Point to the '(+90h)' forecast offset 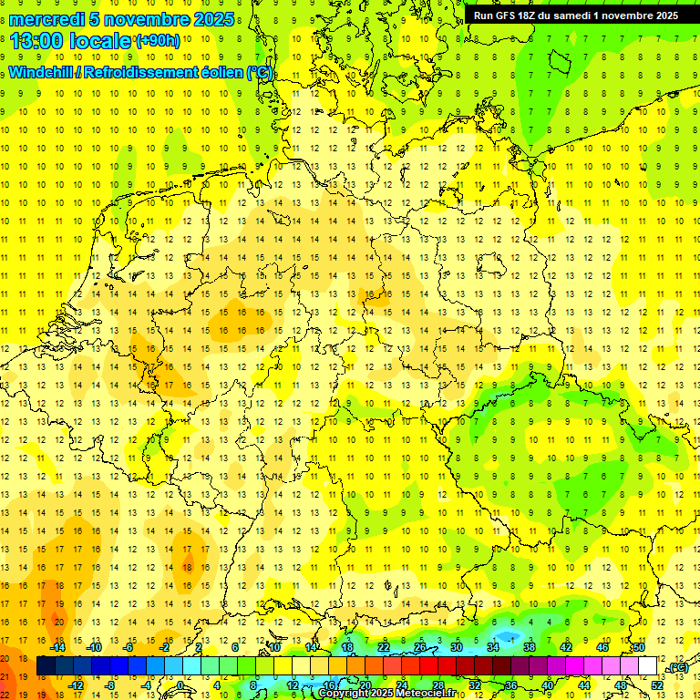click(158, 41)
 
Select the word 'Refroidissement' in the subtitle click(148, 73)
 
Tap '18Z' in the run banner click(532, 15)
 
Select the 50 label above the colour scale click(639, 647)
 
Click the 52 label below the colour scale click(657, 685)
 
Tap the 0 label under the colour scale click(180, 685)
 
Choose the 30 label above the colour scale click(457, 647)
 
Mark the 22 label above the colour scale click(384, 647)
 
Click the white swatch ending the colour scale click(648, 666)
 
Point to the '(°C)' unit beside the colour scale click(676, 667)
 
